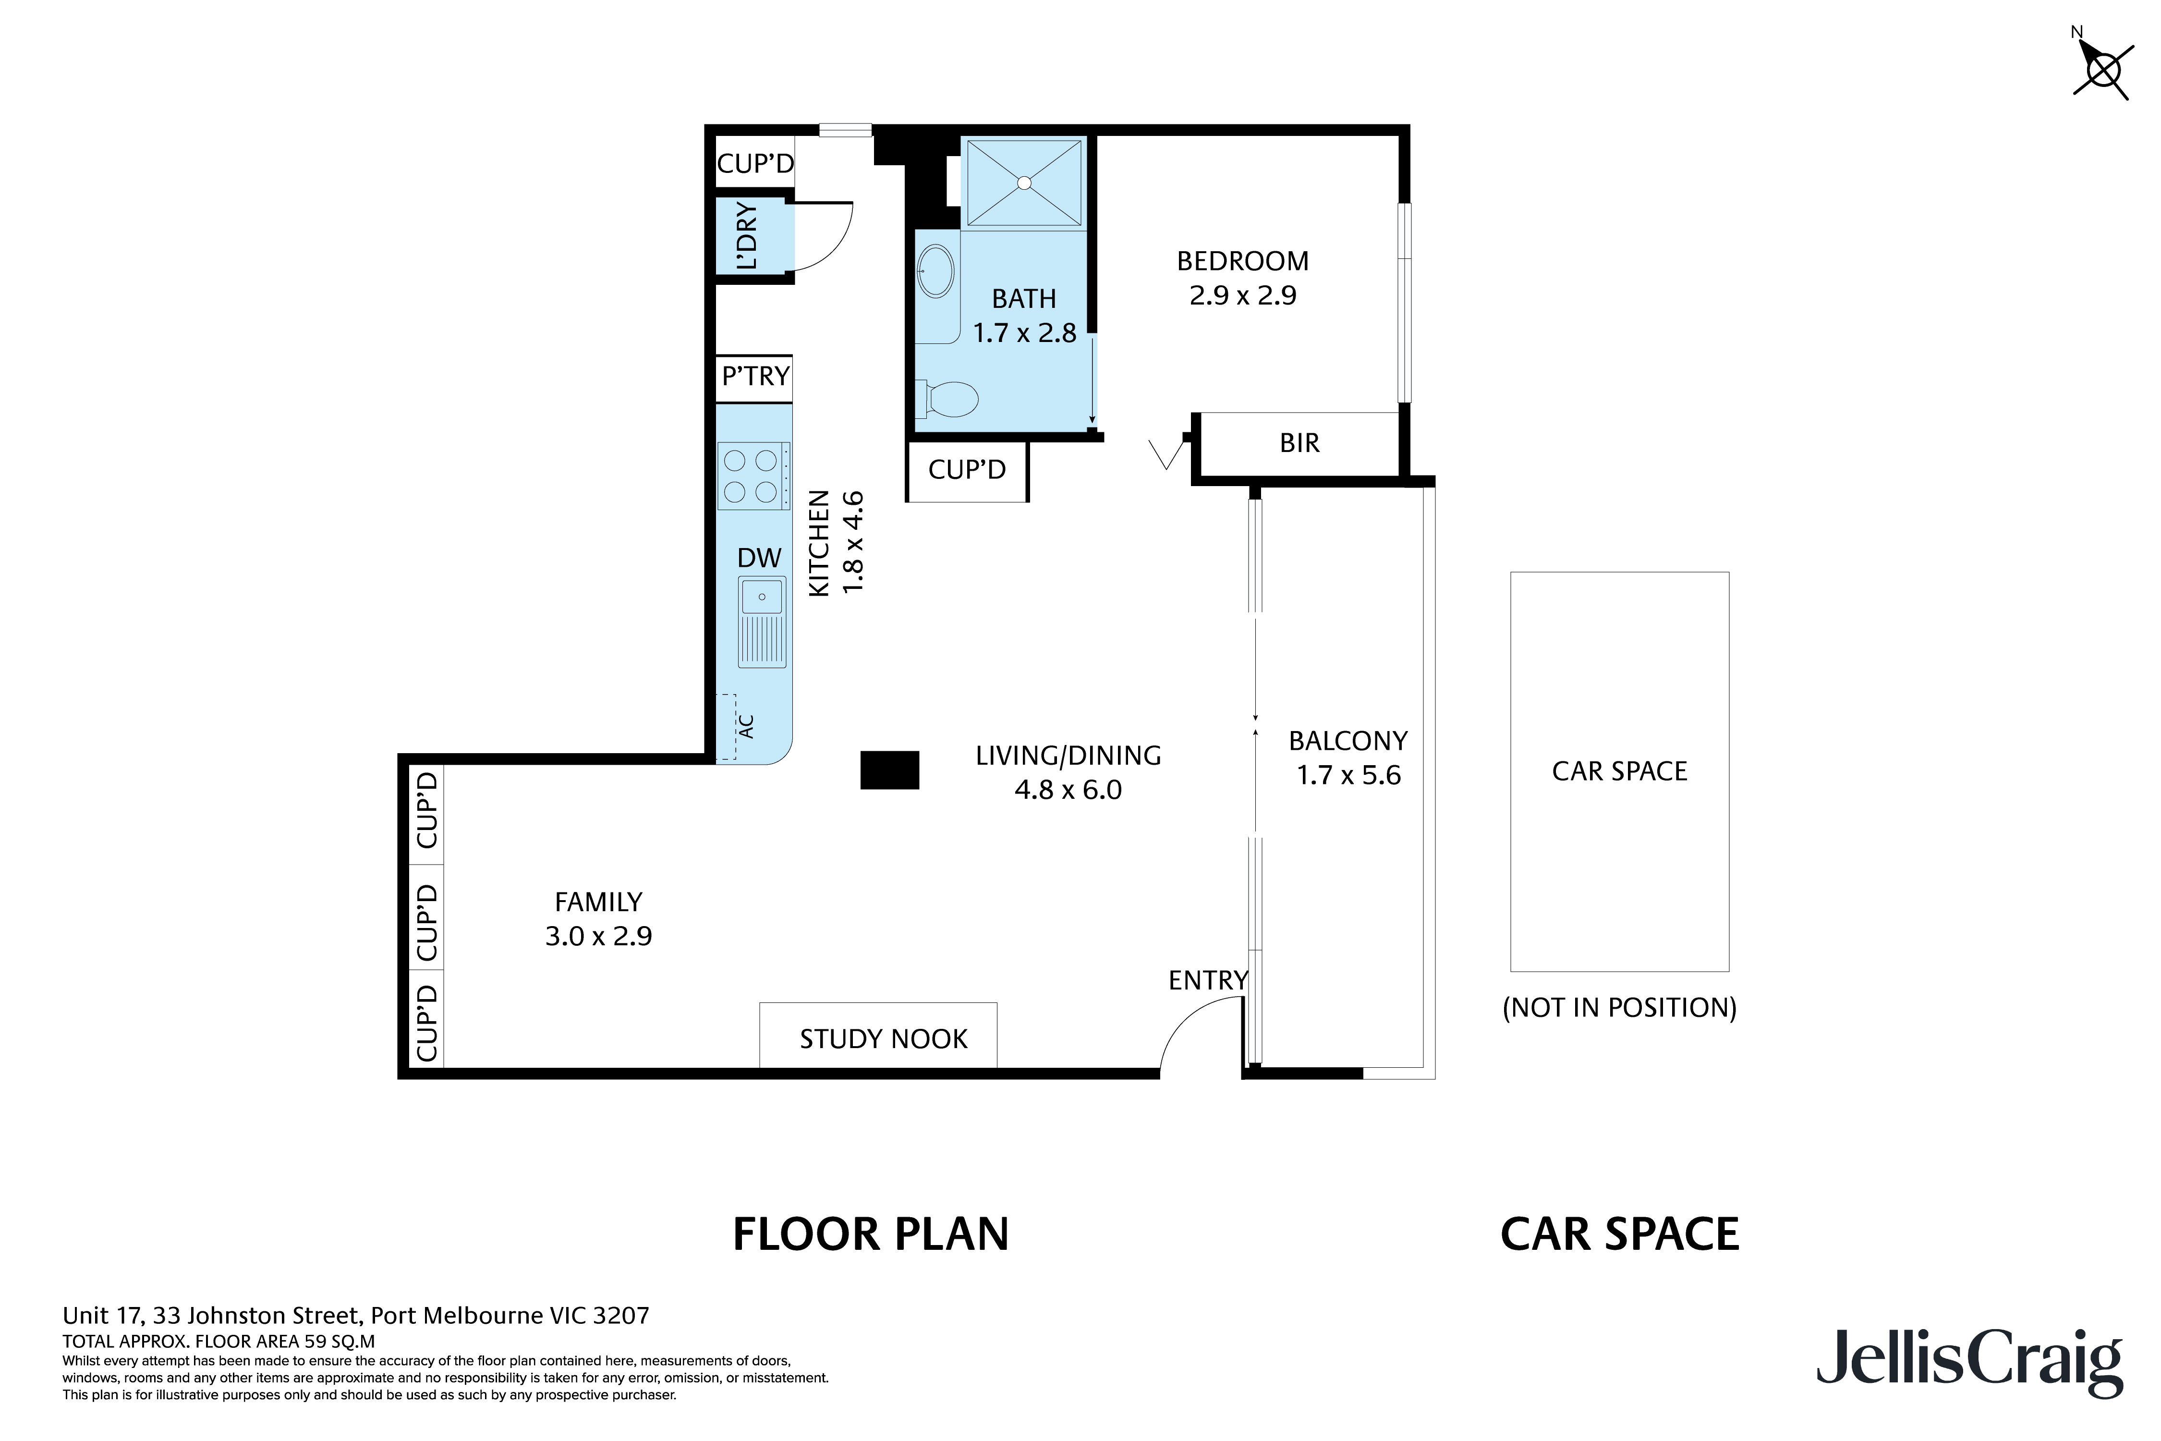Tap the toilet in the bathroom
pos(947,399)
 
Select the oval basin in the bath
pos(935,270)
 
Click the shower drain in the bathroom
pos(1024,183)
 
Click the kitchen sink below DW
pos(762,622)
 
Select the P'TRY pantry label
pos(755,376)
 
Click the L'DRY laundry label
pos(747,236)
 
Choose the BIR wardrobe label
pos(1299,443)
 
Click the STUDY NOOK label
pos(883,1039)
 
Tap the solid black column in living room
pos(889,770)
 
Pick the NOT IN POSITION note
pos(1619,1008)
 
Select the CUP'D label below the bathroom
pos(967,470)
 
